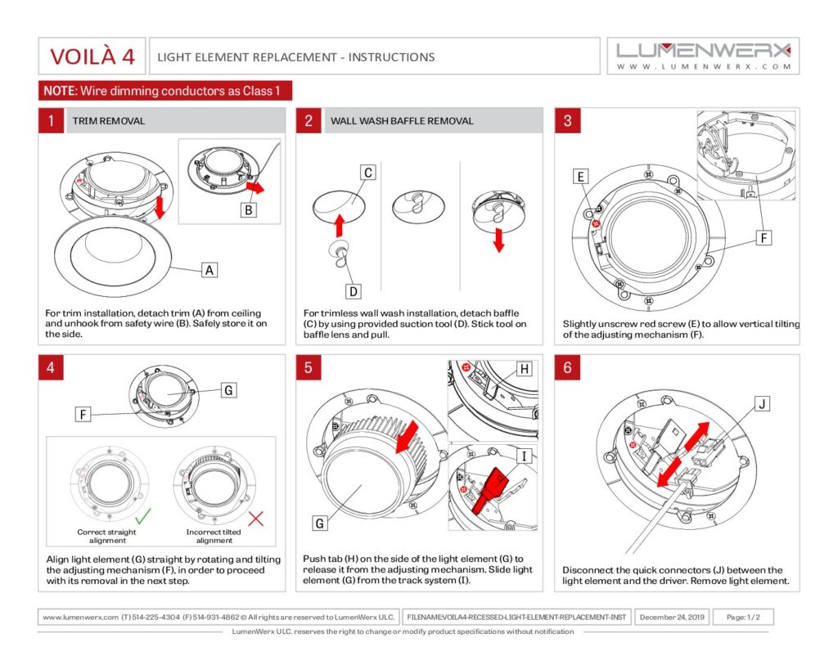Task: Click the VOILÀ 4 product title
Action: [92, 56]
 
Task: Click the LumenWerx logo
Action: [704, 55]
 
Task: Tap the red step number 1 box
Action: [51, 121]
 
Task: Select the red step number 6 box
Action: [567, 367]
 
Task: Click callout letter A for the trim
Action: [209, 269]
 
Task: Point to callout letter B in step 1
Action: [249, 209]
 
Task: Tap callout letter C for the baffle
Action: [368, 173]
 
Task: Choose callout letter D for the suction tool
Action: [354, 290]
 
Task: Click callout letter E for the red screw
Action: [580, 177]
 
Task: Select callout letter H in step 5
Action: [525, 369]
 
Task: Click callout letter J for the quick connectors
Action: [762, 403]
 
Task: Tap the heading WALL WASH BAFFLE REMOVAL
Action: [402, 121]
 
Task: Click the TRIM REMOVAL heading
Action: [109, 121]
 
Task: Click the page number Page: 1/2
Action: [743, 618]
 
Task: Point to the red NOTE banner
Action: [164, 90]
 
